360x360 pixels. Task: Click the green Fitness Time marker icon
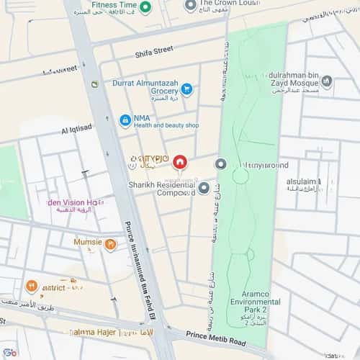(146, 7)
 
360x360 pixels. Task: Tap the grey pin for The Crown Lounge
(190, 6)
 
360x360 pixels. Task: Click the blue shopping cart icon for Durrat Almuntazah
(186, 89)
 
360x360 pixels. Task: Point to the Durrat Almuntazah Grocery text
(144, 88)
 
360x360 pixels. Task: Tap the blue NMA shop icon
(125, 120)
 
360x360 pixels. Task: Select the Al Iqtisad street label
(76, 130)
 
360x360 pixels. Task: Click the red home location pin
(180, 163)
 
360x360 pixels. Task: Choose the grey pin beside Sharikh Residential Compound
(204, 188)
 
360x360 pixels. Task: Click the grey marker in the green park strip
(221, 165)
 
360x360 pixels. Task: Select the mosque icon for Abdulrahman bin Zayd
(327, 82)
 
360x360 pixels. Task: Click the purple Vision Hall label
(75, 203)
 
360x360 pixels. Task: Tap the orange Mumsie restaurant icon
(110, 245)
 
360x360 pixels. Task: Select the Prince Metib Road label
(215, 335)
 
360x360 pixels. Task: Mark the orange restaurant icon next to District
(32, 287)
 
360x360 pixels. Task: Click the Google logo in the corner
(9, 352)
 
